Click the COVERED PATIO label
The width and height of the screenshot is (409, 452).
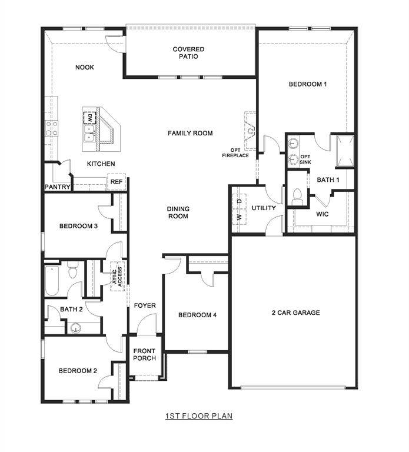188,53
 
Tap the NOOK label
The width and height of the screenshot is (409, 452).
85,68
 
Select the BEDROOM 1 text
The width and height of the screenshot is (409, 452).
307,84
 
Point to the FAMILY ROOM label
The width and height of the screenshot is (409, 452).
190,134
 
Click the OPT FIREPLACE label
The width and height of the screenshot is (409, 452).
235,152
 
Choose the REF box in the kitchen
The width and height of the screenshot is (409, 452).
117,182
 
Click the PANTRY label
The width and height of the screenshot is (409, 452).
58,187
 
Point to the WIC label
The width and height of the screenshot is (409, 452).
322,214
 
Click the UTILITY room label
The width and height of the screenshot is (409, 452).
264,208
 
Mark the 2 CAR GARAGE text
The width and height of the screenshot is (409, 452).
295,313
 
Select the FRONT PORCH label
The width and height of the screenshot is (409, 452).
144,355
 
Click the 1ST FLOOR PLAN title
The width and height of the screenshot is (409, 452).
199,416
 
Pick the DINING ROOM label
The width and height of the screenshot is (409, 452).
178,212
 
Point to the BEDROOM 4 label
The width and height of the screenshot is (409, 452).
197,315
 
